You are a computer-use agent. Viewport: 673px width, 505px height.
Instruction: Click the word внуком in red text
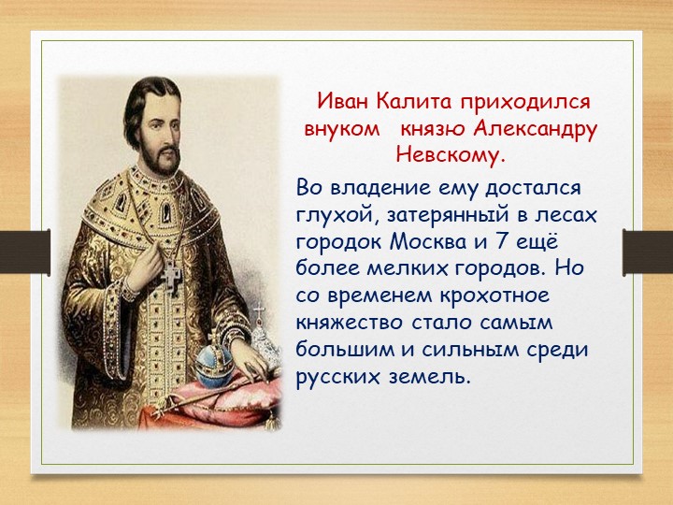(x=342, y=129)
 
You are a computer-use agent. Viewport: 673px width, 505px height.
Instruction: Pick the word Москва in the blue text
(x=428, y=242)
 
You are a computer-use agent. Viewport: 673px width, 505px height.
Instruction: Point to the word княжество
(x=350, y=323)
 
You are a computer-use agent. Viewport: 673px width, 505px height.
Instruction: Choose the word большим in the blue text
(x=345, y=349)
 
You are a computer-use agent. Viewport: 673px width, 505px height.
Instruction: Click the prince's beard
(x=162, y=162)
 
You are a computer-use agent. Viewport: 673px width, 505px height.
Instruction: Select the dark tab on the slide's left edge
(x=25, y=252)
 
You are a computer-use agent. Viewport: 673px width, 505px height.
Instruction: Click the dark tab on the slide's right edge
(x=648, y=252)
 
